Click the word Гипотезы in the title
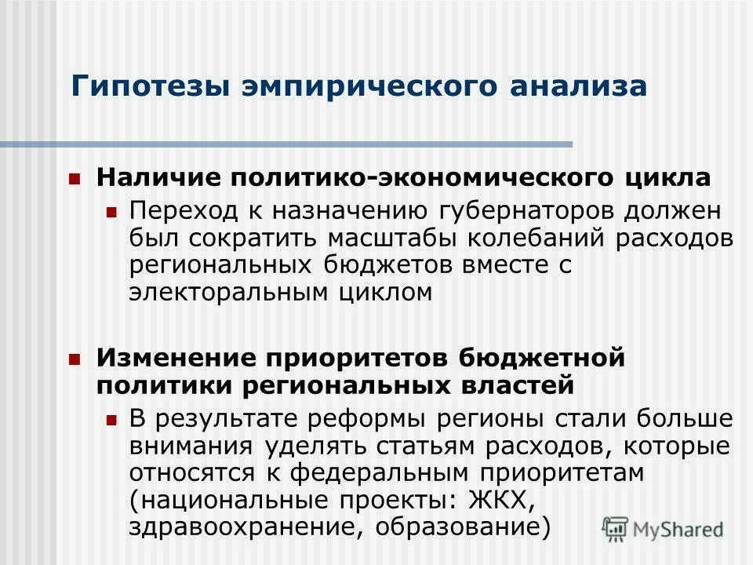[127, 85]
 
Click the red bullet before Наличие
[75, 178]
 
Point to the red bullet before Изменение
[75, 359]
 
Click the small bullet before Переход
[111, 212]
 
